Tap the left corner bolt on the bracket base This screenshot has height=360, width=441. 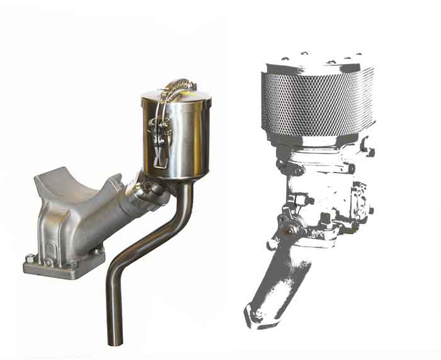coord(30,257)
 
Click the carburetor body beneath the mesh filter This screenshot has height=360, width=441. coord(318,189)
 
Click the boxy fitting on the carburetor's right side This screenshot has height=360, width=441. coord(360,194)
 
